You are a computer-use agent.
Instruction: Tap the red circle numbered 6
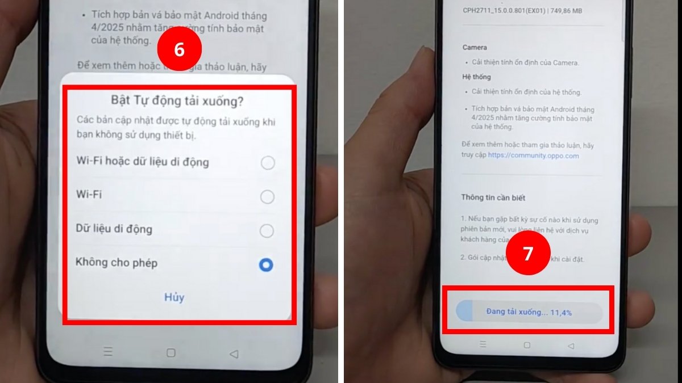pyautogui.click(x=180, y=50)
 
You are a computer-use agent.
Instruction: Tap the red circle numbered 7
pyautogui.click(x=528, y=253)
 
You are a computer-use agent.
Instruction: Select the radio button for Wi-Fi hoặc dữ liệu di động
pyautogui.click(x=267, y=163)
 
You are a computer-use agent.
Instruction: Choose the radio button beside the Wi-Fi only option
pyautogui.click(x=267, y=197)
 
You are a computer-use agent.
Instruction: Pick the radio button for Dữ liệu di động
pyautogui.click(x=267, y=231)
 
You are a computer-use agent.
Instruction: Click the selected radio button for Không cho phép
pyautogui.click(x=266, y=264)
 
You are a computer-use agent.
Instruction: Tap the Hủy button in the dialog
pyautogui.click(x=174, y=297)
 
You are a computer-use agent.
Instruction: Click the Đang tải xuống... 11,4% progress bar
pyautogui.click(x=529, y=312)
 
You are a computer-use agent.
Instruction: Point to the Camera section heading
pyautogui.click(x=475, y=48)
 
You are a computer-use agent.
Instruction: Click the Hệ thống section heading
pyautogui.click(x=476, y=77)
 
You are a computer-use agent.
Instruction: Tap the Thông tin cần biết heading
pyautogui.click(x=493, y=197)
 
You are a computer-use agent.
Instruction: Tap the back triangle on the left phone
pyautogui.click(x=234, y=353)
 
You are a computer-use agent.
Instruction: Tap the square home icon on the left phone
pyautogui.click(x=171, y=353)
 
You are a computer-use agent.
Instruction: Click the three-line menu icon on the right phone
pyautogui.click(x=483, y=344)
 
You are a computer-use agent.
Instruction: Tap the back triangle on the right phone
pyautogui.click(x=571, y=345)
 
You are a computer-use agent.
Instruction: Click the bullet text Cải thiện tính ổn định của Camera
pyautogui.click(x=525, y=62)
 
